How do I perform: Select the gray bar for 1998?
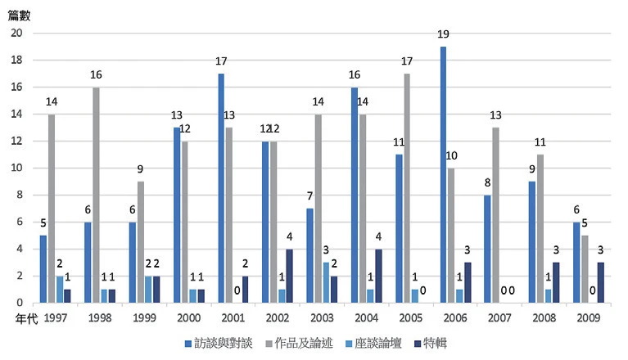coord(97,195)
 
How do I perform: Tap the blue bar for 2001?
coord(221,188)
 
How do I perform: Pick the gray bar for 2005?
coord(407,188)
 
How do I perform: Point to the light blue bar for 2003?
coord(326,282)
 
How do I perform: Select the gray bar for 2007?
coord(496,215)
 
